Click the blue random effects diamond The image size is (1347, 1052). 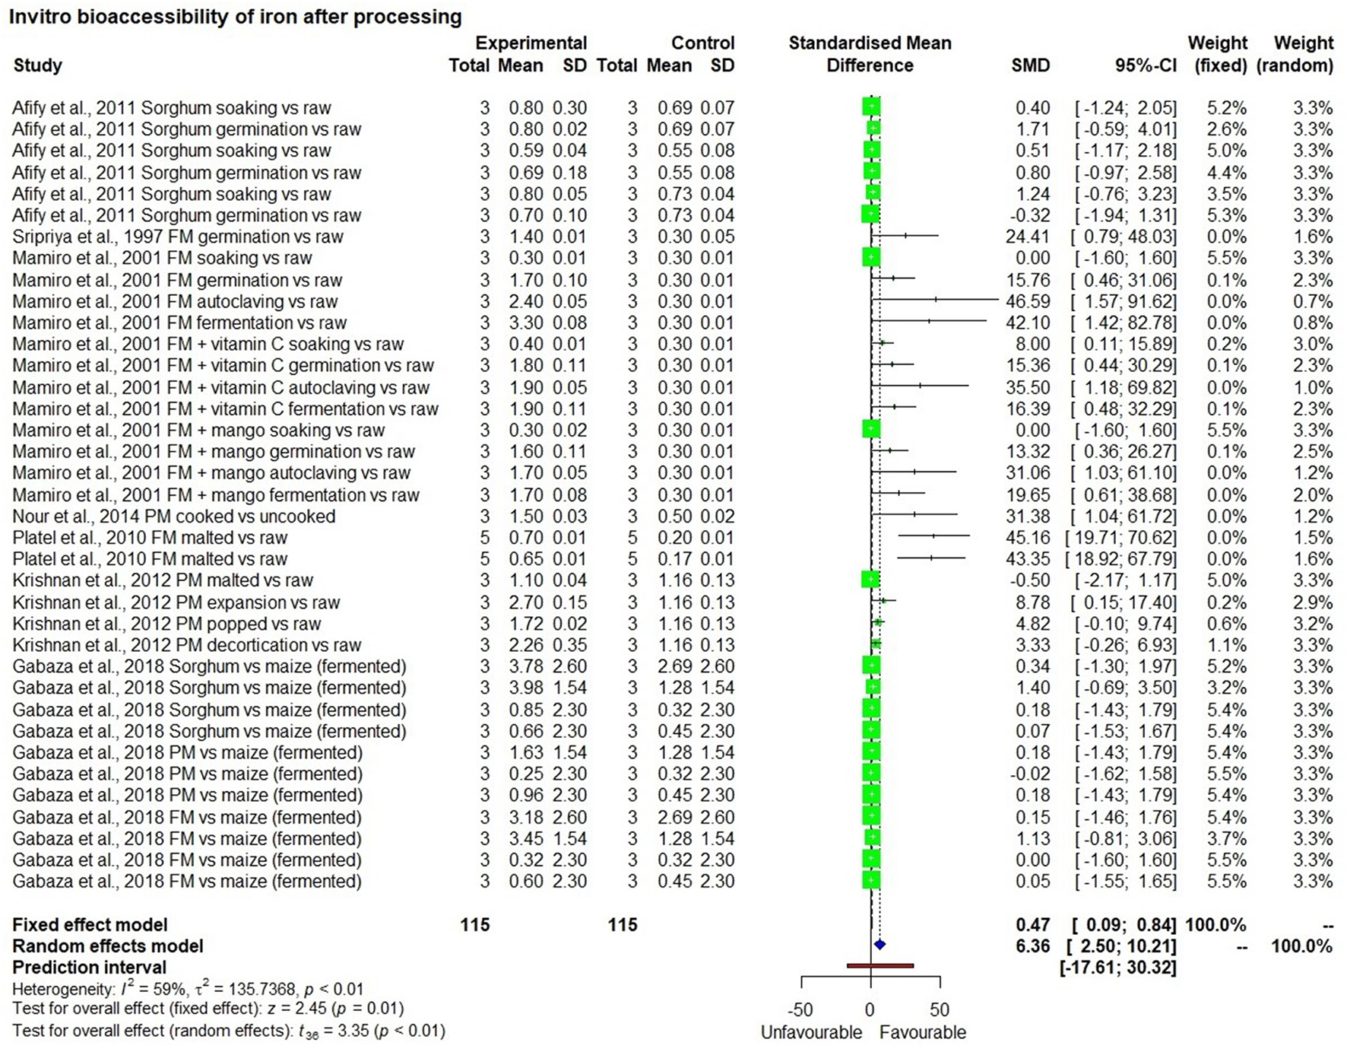coord(880,945)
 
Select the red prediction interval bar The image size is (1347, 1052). coord(880,966)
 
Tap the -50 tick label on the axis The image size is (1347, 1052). coord(800,1010)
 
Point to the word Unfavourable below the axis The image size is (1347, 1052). coord(811,1032)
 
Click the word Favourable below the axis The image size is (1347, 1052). coord(923,1032)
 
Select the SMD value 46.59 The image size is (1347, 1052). coord(1028,301)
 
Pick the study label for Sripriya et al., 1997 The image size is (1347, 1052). coord(178,237)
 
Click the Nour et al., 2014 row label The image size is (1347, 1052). coord(173,516)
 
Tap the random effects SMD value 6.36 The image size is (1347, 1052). coord(1033,946)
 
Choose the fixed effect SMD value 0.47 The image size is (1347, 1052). coord(1033,925)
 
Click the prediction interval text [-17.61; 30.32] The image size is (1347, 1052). coord(1117,968)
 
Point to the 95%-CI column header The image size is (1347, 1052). coord(1146,65)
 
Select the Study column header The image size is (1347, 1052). coord(37,65)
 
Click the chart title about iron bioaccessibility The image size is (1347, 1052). coord(235,16)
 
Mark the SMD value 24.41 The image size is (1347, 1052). coord(1028,237)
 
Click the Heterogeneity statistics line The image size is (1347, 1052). coord(188,989)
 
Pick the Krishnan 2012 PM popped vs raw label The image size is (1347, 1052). coord(166,624)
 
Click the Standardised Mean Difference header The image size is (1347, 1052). coord(870,53)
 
